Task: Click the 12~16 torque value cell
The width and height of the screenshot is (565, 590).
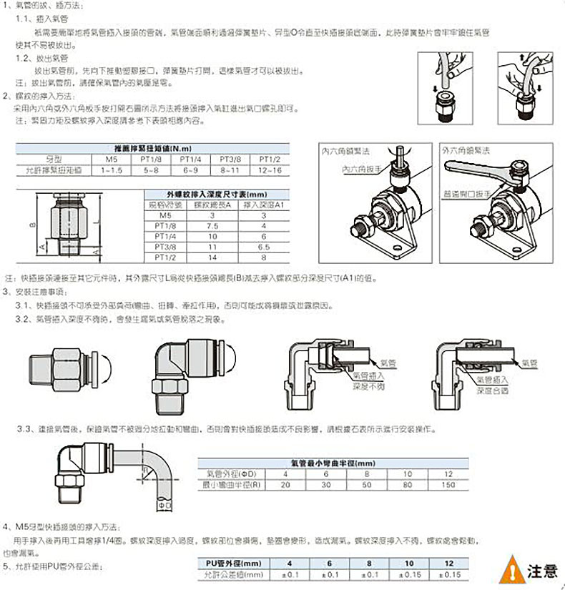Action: [x=270, y=172]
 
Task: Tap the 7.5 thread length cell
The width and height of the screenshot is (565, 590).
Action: [x=212, y=225]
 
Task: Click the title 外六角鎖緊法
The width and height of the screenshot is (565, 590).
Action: [x=466, y=151]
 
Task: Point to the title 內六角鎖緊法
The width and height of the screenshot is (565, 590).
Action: [x=346, y=151]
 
